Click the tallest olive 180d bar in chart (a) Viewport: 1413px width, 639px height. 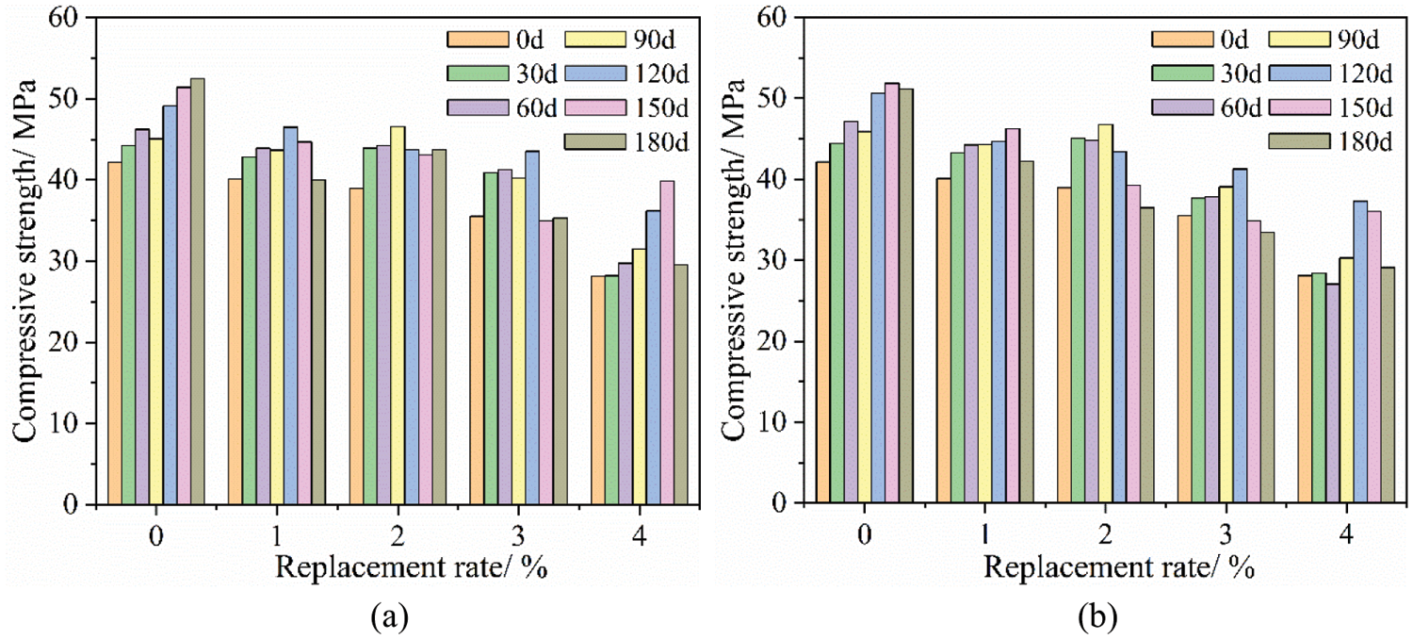[x=198, y=291]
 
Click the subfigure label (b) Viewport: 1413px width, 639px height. [x=1096, y=617]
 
